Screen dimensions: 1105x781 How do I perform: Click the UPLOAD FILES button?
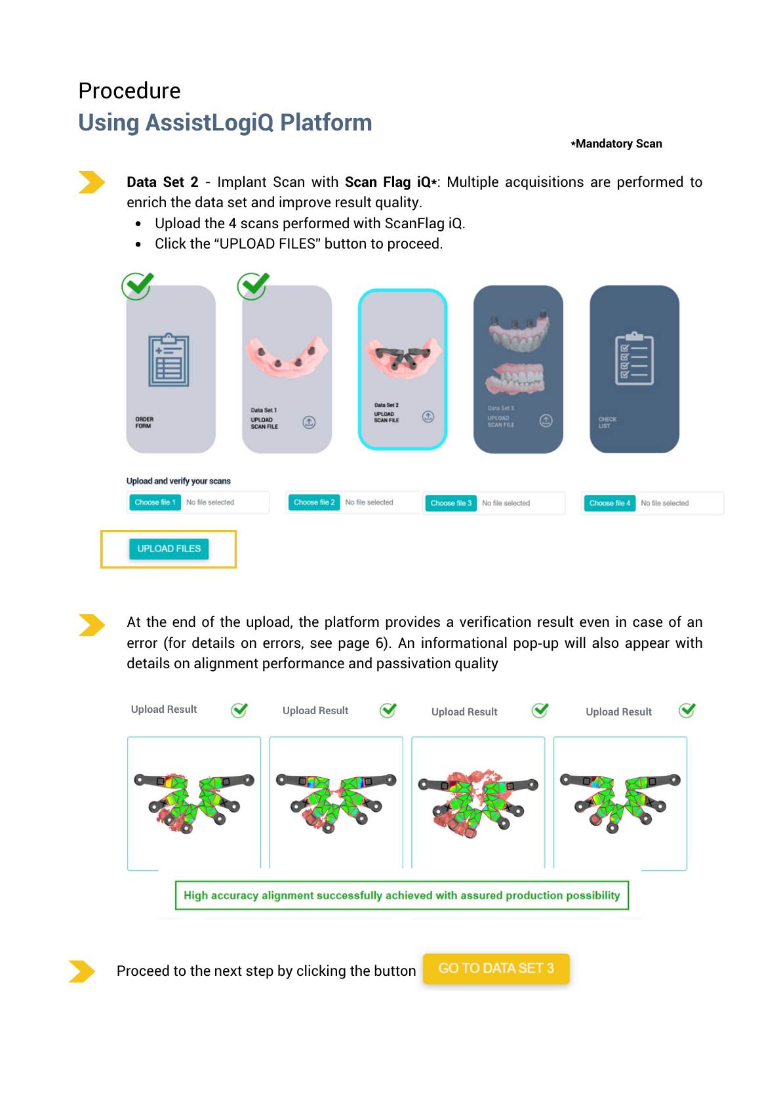tap(169, 549)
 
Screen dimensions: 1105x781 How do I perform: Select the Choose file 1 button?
tap(155, 502)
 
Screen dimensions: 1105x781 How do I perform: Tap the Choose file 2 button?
tap(314, 502)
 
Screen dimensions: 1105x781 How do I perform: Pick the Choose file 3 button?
tap(451, 503)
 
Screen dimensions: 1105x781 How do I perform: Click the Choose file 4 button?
tap(609, 503)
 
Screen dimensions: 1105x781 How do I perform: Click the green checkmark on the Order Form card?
tap(138, 286)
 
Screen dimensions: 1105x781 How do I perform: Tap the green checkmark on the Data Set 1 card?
tap(253, 286)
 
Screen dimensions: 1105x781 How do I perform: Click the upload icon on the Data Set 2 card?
tap(428, 416)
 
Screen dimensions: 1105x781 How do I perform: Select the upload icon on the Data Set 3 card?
tap(546, 420)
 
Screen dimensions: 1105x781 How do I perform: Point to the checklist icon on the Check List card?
tap(634, 359)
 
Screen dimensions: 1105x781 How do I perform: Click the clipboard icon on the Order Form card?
tap(169, 360)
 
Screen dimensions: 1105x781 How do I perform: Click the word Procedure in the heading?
tap(129, 90)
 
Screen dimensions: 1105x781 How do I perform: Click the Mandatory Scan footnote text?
tap(616, 144)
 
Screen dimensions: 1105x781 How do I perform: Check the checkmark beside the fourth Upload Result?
tap(687, 710)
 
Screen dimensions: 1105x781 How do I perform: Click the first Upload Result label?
tap(164, 710)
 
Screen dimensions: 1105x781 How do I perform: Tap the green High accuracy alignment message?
tap(401, 895)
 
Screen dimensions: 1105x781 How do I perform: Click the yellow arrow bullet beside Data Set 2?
tap(91, 182)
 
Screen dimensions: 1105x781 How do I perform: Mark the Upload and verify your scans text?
tap(178, 481)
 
